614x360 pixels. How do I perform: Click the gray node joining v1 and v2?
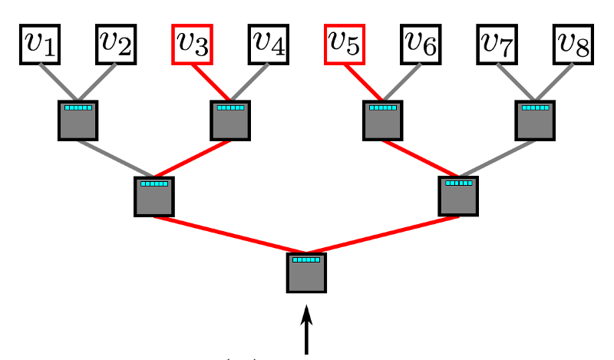pyautogui.click(x=78, y=121)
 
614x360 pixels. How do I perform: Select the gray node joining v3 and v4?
pyautogui.click(x=230, y=121)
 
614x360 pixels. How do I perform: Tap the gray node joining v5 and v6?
pyautogui.click(x=383, y=121)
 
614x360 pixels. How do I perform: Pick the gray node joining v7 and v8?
pyautogui.click(x=536, y=121)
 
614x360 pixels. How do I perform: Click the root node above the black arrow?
pyautogui.click(x=307, y=272)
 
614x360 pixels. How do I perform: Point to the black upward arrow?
pyautogui.click(x=307, y=330)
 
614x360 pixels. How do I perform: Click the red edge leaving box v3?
pyautogui.click(x=211, y=82)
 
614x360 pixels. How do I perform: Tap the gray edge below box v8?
pyautogui.click(x=555, y=82)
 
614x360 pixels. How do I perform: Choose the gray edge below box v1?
pyautogui.click(x=58, y=82)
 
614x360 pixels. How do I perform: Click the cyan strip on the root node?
pyautogui.click(x=307, y=260)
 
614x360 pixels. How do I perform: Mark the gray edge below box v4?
pyautogui.click(x=249, y=82)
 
